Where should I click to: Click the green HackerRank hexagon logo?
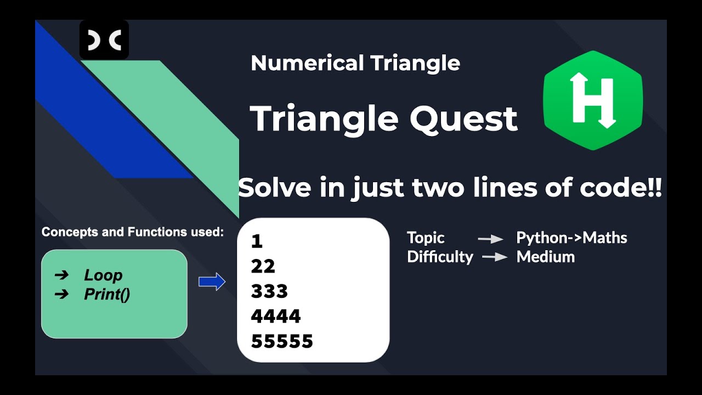pyautogui.click(x=592, y=100)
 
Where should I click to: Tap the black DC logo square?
pyautogui.click(x=104, y=39)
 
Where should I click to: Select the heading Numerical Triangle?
pyautogui.click(x=355, y=63)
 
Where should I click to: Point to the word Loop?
pyautogui.click(x=103, y=275)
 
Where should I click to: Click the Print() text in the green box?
pyautogui.click(x=107, y=295)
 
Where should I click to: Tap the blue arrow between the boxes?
pyautogui.click(x=212, y=281)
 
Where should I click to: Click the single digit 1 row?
pyautogui.click(x=257, y=241)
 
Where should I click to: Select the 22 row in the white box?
pyautogui.click(x=263, y=267)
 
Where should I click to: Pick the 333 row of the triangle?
pyautogui.click(x=269, y=291)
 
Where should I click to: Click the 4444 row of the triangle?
pyautogui.click(x=276, y=317)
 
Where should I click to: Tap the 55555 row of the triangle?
pyautogui.click(x=282, y=341)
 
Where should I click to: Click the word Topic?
pyautogui.click(x=426, y=238)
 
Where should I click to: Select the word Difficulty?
pyautogui.click(x=440, y=257)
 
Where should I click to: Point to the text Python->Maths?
pyautogui.click(x=571, y=238)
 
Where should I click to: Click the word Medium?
pyautogui.click(x=545, y=257)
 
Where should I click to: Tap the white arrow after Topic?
pyautogui.click(x=490, y=239)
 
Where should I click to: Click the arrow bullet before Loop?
pyautogui.click(x=62, y=275)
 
